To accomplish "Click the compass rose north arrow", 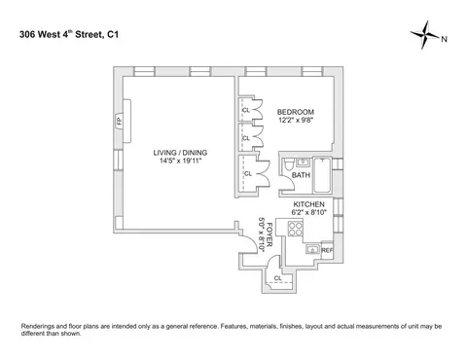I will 427,39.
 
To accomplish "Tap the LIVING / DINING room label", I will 181,153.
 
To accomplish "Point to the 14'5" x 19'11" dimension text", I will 181,162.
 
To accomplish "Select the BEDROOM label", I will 295,110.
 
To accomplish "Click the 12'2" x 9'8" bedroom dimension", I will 295,120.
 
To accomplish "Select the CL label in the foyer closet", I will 278,277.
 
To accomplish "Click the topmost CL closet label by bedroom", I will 245,109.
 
